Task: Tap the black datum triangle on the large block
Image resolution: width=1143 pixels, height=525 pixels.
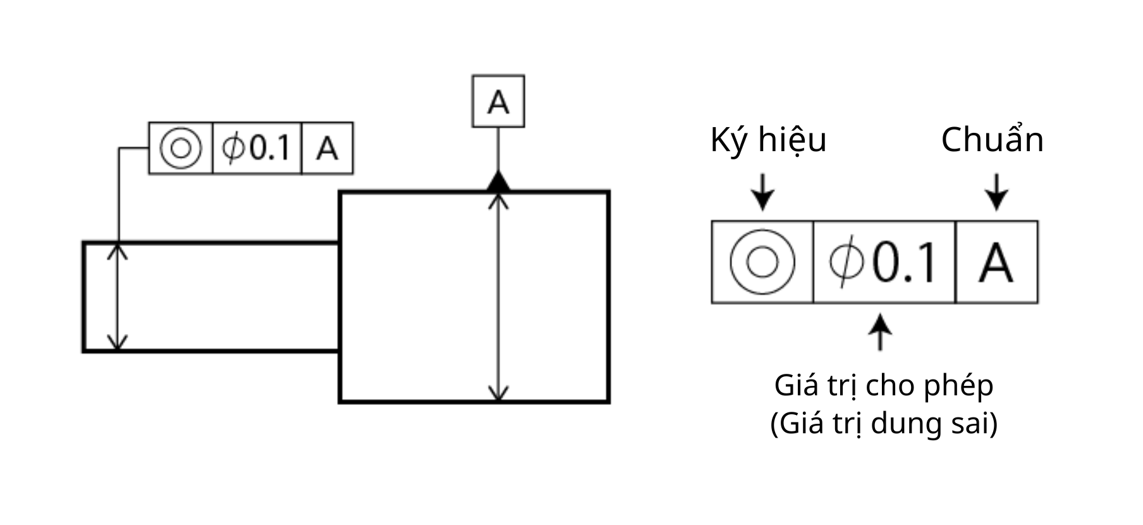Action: (498, 182)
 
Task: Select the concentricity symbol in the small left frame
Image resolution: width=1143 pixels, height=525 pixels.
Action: (181, 148)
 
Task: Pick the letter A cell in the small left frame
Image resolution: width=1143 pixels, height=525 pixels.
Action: (327, 148)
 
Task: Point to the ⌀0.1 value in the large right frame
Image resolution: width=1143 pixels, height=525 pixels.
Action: (883, 262)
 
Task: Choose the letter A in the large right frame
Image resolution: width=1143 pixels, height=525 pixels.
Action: (996, 262)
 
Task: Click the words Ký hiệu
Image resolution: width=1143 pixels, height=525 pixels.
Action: (768, 140)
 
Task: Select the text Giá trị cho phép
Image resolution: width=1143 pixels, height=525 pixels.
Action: (884, 385)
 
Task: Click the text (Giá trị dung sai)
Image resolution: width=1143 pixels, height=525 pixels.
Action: (884, 423)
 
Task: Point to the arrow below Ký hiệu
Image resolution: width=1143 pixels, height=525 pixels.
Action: (763, 192)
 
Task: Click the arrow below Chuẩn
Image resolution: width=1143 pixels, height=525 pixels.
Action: (997, 192)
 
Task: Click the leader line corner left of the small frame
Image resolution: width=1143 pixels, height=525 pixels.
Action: (119, 149)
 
